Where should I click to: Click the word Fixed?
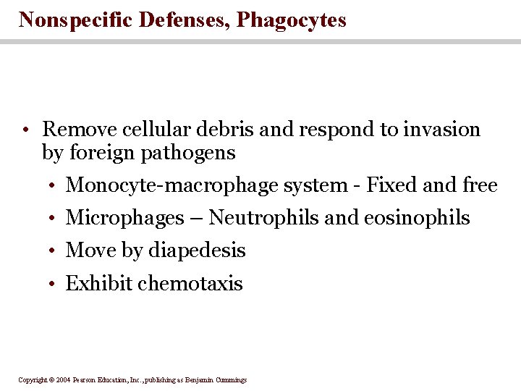(x=391, y=186)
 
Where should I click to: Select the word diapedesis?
(x=197, y=251)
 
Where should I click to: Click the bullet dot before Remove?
(x=25, y=131)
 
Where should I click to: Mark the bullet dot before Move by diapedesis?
(x=54, y=251)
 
